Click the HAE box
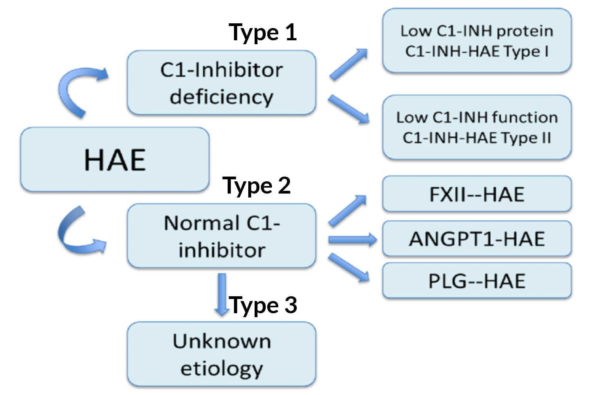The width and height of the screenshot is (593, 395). [115, 160]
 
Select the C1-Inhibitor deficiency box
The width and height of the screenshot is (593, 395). [221, 83]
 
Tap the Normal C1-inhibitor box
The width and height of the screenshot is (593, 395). [221, 236]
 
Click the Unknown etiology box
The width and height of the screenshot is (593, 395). [221, 354]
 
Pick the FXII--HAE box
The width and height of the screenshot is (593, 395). [477, 194]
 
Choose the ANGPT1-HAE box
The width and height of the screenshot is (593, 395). [477, 239]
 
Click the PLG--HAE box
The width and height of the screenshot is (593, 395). [477, 280]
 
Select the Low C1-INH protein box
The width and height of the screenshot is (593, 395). [477, 41]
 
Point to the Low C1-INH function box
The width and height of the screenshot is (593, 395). [477, 127]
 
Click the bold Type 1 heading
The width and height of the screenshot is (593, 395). [263, 32]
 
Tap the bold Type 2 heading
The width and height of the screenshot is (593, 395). [257, 185]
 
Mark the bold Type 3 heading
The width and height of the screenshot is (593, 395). [263, 305]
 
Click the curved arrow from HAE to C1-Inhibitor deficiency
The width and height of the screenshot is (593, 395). [75, 89]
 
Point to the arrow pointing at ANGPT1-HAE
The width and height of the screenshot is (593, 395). [352, 239]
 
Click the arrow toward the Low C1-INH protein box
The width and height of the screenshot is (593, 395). [348, 64]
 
